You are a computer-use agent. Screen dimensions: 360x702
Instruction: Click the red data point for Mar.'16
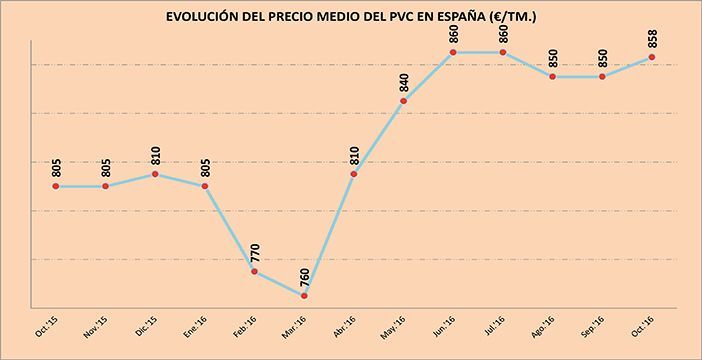pos(304,296)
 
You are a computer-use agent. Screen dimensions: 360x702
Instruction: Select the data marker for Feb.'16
pos(254,271)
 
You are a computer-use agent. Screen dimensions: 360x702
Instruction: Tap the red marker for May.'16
pos(403,100)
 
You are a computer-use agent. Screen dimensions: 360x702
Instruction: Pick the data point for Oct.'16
pos(652,57)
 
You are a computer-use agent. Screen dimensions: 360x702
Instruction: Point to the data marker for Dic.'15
pos(155,174)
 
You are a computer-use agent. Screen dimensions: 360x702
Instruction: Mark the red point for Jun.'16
pos(453,52)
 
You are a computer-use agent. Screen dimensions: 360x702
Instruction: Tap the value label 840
pos(404,79)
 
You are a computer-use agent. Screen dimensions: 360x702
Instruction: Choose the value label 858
pos(653,35)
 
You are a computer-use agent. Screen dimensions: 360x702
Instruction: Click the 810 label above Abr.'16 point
pos(355,153)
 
